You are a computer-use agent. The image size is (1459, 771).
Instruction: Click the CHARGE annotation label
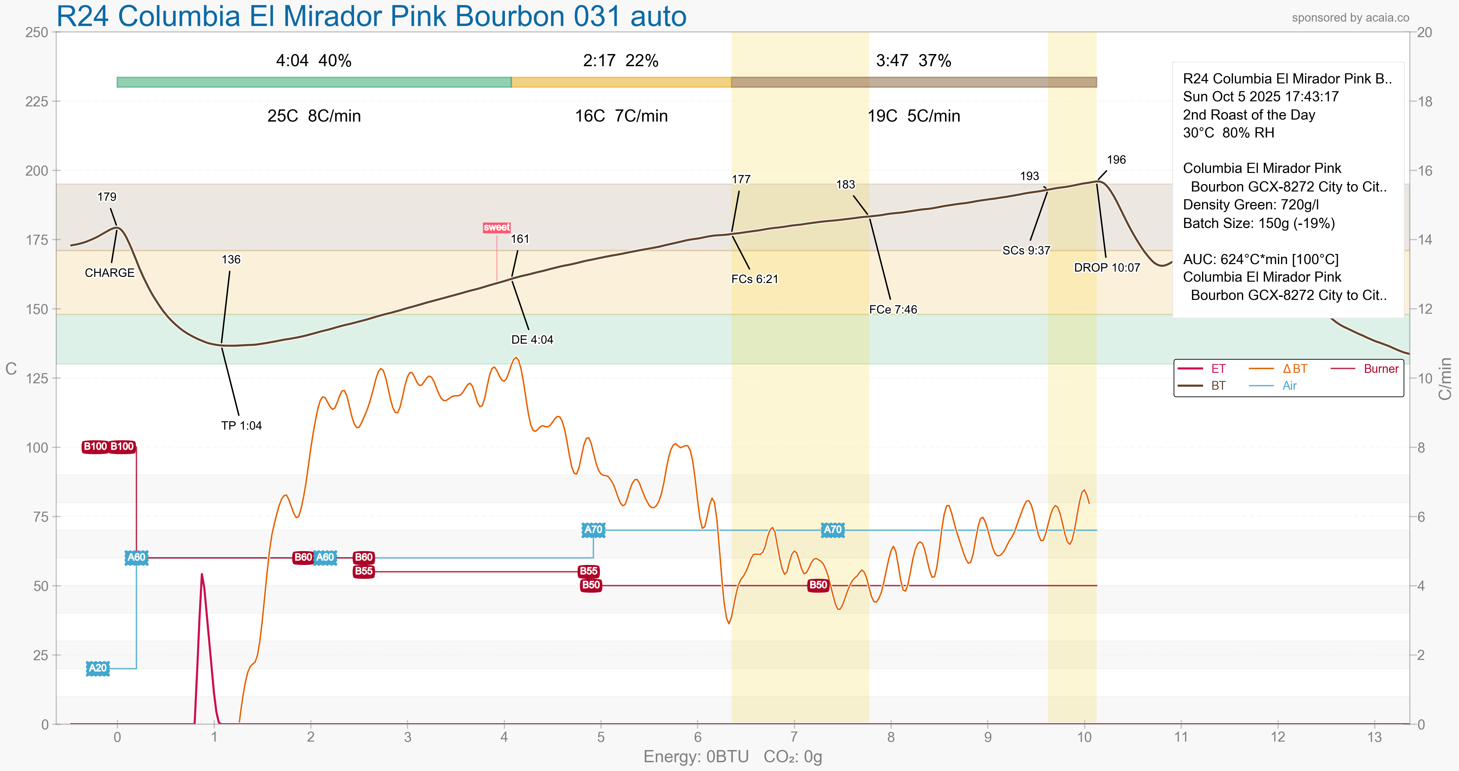(x=109, y=273)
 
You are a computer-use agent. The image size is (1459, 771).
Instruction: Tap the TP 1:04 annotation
(x=241, y=426)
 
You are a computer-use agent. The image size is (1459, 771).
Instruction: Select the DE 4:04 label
(x=532, y=340)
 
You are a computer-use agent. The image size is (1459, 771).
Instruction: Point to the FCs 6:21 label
(x=754, y=279)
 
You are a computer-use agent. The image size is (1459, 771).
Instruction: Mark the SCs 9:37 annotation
(x=1026, y=250)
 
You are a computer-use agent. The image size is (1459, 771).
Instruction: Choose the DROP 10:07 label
(x=1107, y=268)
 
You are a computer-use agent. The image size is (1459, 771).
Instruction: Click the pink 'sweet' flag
(x=497, y=228)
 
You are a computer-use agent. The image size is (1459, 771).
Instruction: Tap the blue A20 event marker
(x=97, y=668)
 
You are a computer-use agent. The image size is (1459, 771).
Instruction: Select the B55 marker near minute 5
(x=588, y=571)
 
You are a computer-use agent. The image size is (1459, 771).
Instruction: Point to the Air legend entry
(x=1289, y=386)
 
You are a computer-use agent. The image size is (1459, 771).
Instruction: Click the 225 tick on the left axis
(x=37, y=101)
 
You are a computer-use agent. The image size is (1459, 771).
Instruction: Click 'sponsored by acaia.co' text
(x=1350, y=18)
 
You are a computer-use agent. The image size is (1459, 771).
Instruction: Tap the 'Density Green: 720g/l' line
(x=1251, y=205)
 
